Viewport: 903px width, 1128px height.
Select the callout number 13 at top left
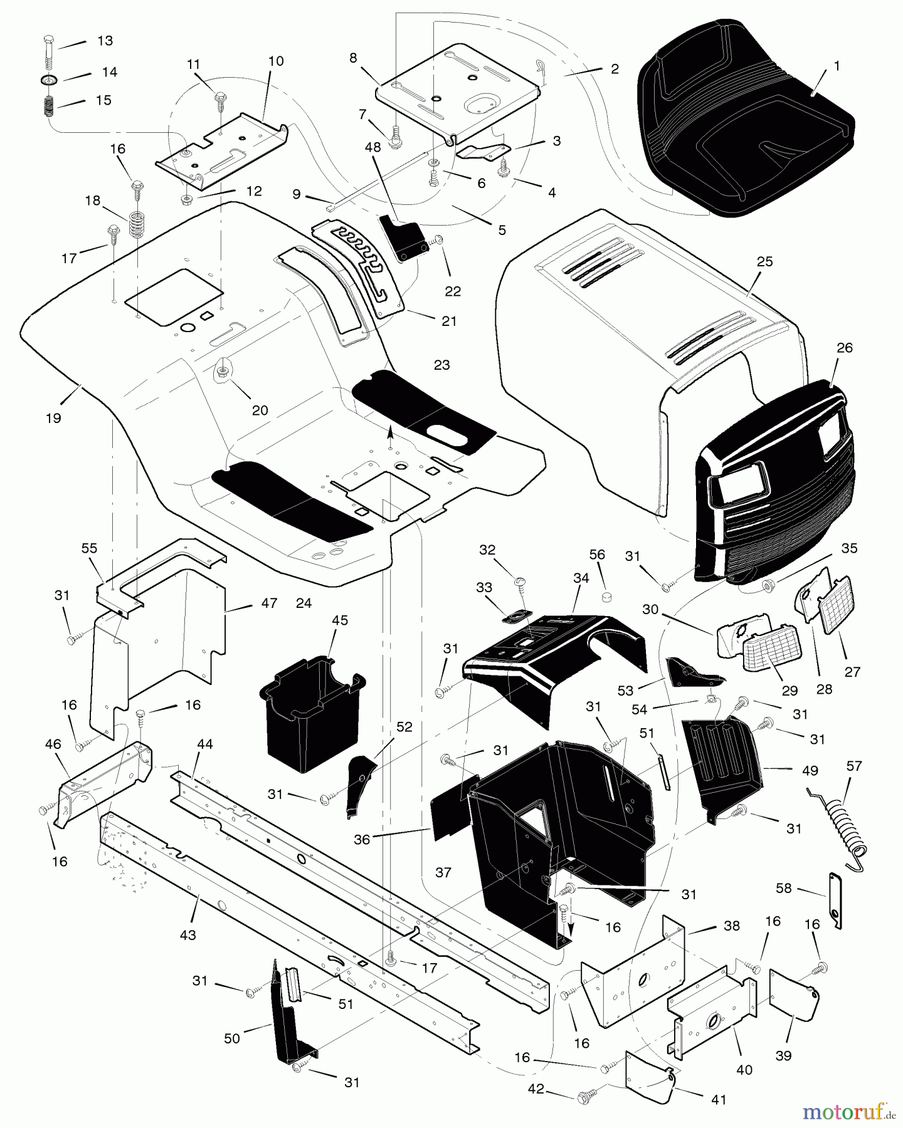(x=105, y=41)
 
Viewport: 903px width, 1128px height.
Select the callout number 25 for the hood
(x=764, y=262)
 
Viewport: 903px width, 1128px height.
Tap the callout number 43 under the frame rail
(x=187, y=935)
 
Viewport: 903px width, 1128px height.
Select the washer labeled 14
(x=50, y=80)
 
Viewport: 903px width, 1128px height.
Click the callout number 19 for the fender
(x=53, y=417)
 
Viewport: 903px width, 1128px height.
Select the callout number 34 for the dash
(x=581, y=578)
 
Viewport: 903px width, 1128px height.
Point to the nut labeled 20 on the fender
(x=221, y=372)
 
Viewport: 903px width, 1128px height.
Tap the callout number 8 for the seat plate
(x=354, y=58)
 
